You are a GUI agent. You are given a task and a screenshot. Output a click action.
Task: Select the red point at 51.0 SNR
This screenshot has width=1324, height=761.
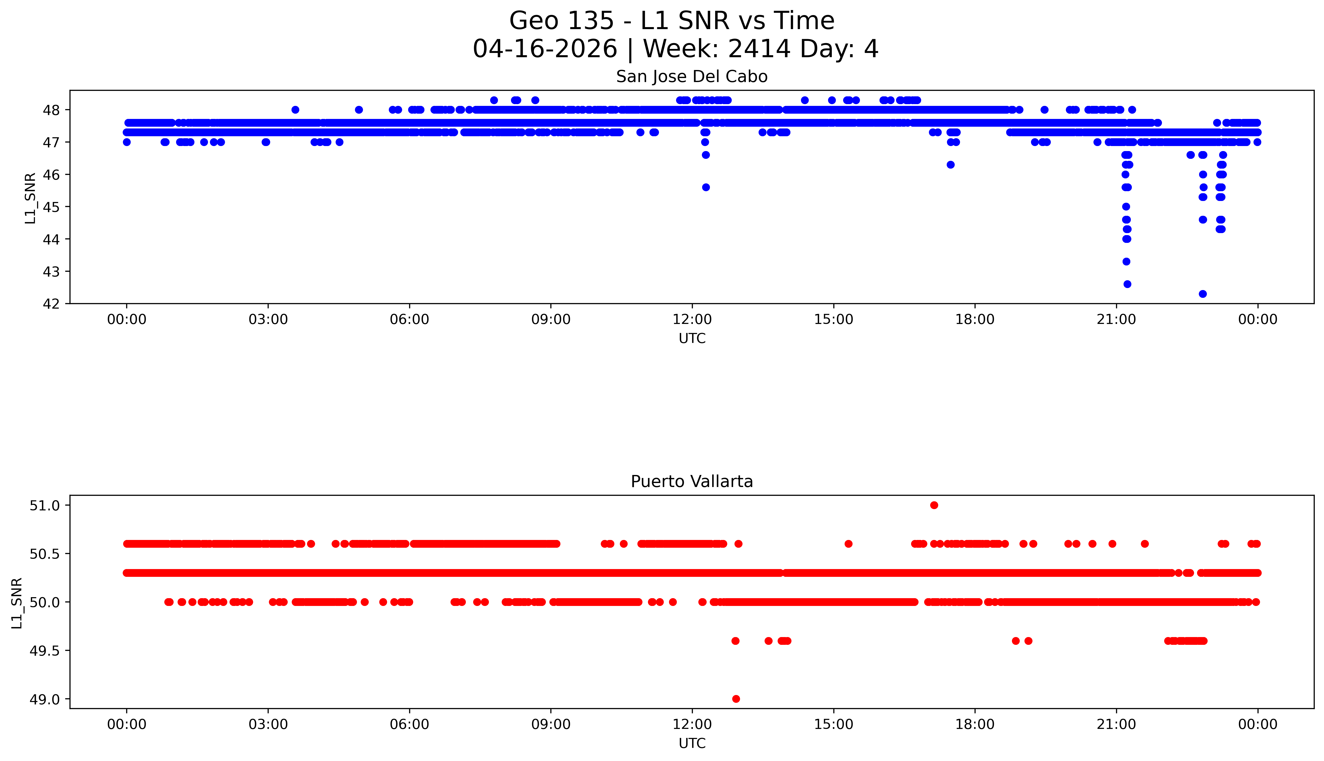(934, 505)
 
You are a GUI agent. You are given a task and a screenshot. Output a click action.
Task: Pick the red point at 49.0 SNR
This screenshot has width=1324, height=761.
(736, 699)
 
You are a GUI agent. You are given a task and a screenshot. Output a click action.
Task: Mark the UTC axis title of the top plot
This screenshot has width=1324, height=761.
(692, 339)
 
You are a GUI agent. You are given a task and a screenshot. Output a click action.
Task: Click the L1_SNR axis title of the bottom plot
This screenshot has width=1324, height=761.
(17, 603)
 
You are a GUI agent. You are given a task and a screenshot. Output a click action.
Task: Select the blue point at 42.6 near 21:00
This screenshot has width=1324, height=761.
(1127, 284)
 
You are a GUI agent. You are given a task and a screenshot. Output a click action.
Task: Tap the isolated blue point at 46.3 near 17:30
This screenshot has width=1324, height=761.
(950, 165)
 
